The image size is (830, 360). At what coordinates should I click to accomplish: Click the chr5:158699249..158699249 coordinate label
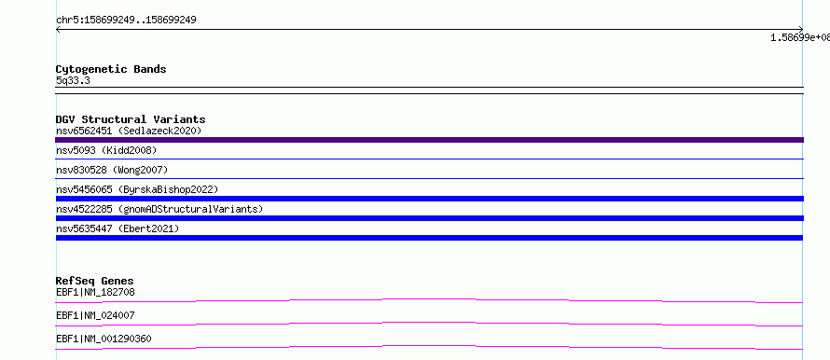[x=126, y=21]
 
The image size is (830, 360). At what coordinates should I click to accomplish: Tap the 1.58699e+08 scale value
[x=800, y=37]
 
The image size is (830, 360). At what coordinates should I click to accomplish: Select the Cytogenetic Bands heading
[x=111, y=69]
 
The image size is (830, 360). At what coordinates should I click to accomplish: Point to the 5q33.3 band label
[x=73, y=81]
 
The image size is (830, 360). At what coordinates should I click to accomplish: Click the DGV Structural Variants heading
[x=131, y=119]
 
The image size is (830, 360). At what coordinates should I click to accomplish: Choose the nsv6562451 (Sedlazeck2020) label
[x=129, y=131]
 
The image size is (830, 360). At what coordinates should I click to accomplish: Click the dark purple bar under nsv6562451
[x=429, y=140]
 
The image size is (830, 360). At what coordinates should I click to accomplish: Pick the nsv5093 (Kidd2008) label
[x=106, y=150]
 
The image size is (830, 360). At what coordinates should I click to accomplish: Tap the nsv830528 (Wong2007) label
[x=112, y=170]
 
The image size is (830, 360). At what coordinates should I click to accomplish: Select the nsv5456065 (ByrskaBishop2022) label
[x=137, y=189]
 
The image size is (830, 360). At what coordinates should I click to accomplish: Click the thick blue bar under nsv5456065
[x=429, y=199]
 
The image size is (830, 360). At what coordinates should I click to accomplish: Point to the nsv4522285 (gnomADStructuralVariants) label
[x=159, y=209]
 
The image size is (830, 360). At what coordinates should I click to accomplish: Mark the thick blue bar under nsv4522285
[x=429, y=218]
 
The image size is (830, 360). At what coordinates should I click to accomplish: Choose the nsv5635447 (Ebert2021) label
[x=118, y=228]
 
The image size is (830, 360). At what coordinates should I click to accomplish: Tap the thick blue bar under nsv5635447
[x=429, y=238]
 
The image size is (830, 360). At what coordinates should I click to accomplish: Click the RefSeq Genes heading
[x=95, y=281]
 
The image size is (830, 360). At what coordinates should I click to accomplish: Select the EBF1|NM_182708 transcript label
[x=91, y=292]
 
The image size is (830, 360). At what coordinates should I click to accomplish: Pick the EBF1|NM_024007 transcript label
[x=95, y=315]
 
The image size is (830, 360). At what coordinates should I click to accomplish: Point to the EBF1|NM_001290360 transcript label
[x=104, y=339]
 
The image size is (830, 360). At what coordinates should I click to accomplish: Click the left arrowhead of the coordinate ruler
[x=57, y=30]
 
